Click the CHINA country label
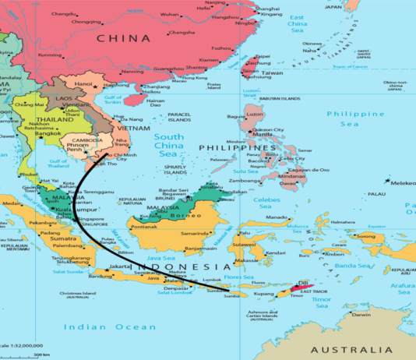(x=123, y=38)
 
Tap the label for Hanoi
(x=83, y=83)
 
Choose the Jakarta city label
(x=121, y=266)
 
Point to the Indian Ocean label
(x=104, y=326)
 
